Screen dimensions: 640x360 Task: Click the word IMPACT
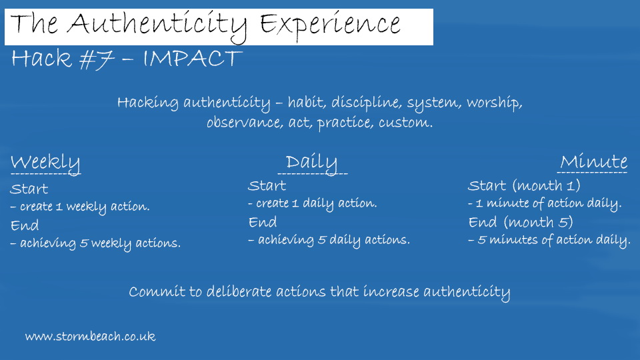click(193, 59)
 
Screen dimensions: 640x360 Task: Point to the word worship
click(494, 103)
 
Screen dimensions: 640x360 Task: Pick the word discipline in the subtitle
click(366, 103)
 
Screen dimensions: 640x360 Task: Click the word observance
click(245, 123)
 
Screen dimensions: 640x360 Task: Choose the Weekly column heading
click(45, 163)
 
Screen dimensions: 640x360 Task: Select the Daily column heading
click(311, 163)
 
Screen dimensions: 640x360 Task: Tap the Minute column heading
click(593, 162)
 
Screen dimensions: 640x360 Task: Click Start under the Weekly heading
click(29, 189)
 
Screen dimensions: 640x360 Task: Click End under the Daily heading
click(263, 222)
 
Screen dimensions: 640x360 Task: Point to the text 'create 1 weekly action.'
click(85, 207)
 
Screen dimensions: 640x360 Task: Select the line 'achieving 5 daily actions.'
click(333, 240)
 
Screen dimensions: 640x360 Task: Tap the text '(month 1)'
click(547, 186)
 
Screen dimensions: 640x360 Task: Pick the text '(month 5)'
click(539, 223)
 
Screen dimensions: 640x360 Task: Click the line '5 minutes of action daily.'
click(554, 240)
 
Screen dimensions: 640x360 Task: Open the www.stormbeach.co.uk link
click(90, 336)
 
